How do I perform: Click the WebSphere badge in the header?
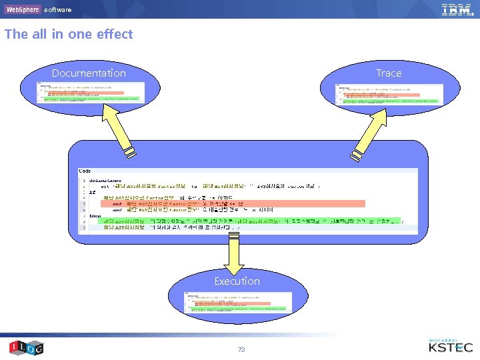coord(22,9)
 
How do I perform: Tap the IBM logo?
coord(456,9)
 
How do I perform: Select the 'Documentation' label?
coord(89,73)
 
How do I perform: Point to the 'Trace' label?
coord(389,73)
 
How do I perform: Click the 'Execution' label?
coord(237,281)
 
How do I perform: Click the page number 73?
coord(241,349)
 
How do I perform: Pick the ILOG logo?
coord(25,347)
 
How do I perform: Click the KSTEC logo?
coord(450,346)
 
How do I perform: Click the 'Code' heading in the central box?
coord(85,171)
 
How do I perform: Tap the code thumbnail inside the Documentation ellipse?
coord(90,93)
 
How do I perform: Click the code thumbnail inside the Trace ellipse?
coord(389,95)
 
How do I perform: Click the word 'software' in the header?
coord(57,10)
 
